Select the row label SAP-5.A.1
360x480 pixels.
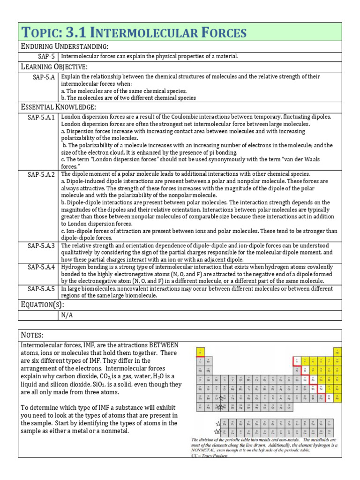pos(41,117)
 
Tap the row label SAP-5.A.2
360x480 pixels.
pos(41,174)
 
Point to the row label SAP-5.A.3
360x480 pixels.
pos(41,246)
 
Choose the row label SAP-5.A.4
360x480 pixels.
pos(41,267)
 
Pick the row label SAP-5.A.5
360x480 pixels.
pos(41,289)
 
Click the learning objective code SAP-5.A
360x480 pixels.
pos(44,77)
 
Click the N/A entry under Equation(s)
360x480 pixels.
pos(67,315)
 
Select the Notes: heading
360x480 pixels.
pos(32,335)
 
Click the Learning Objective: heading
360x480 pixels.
pos(54,67)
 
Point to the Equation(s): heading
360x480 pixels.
pos(43,305)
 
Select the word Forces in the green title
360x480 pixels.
pos(220,32)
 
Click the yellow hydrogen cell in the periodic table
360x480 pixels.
pos(201,351)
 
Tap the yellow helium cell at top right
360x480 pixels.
pos(336,351)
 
